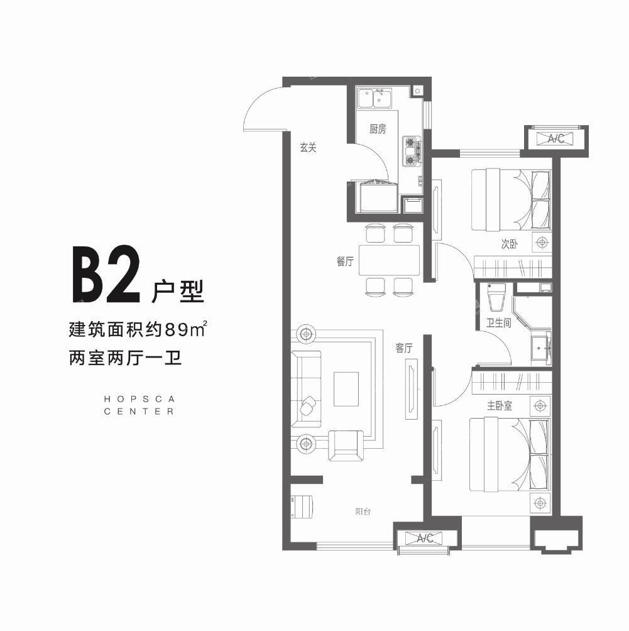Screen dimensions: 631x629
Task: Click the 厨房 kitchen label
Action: pos(377,130)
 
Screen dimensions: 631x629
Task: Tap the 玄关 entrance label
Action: pos(307,148)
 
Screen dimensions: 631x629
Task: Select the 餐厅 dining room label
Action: pos(345,263)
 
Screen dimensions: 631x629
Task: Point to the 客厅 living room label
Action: pos(404,348)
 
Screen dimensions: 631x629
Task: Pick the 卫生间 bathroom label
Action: pos(498,323)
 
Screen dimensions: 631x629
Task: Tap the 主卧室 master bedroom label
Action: pos(500,406)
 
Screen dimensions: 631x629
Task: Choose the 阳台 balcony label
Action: pos(363,512)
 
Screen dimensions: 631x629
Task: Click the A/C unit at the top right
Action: pos(555,139)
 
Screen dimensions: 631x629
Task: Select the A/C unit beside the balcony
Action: pos(425,538)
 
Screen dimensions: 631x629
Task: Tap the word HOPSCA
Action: pos(139,398)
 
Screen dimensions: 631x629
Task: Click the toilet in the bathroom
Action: pos(496,299)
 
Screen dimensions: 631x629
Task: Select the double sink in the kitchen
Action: pos(375,99)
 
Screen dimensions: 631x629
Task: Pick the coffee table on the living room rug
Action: pos(346,389)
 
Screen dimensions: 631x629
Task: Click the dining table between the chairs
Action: pos(389,260)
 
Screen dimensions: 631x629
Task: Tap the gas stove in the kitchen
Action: pos(412,151)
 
